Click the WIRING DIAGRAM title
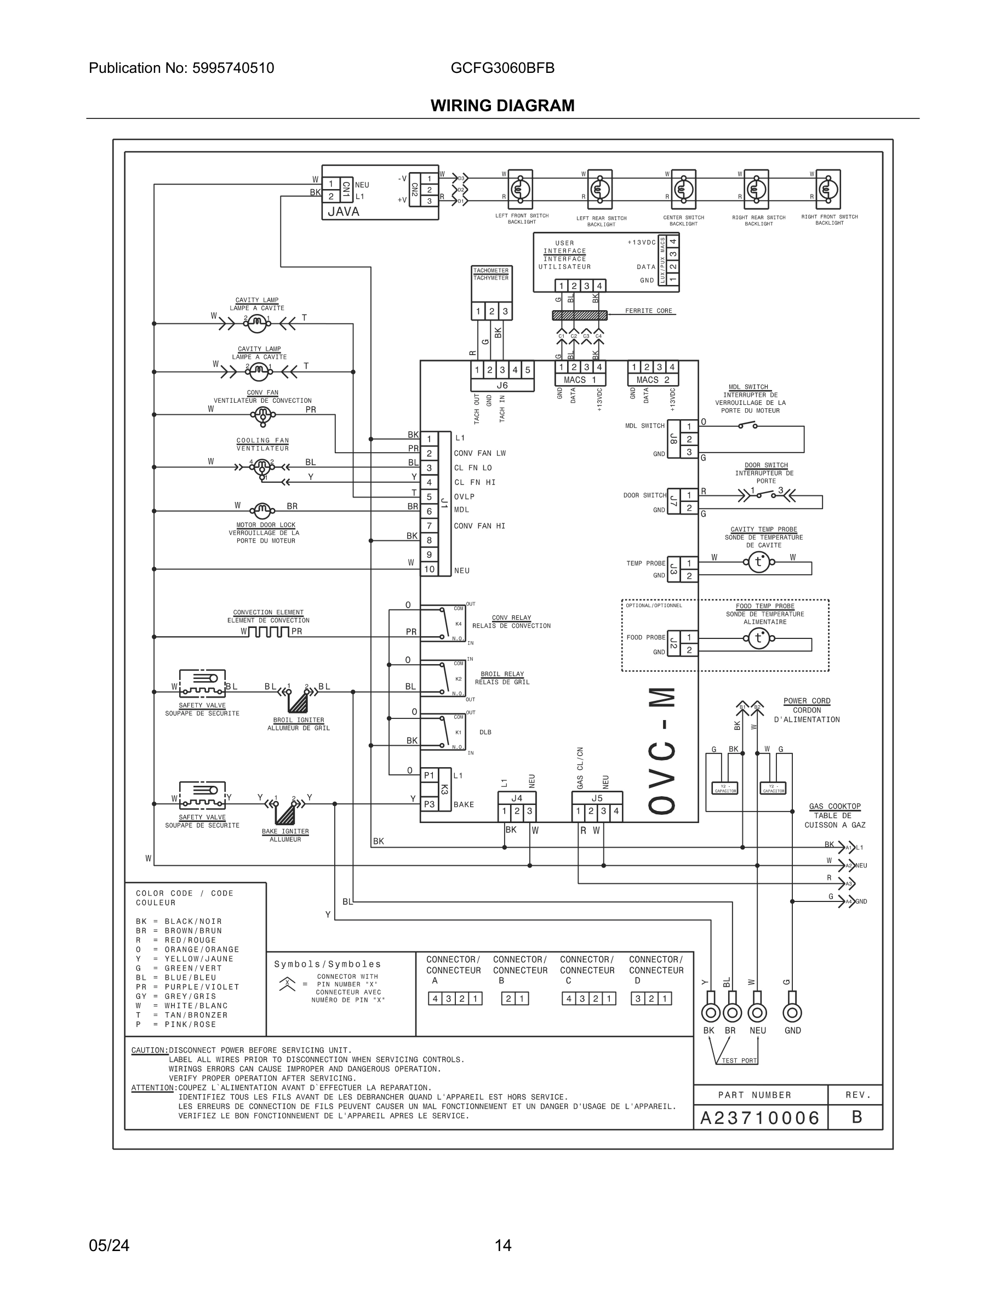click(502, 106)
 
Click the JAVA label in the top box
click(344, 211)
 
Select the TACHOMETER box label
click(490, 271)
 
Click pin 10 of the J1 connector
click(429, 569)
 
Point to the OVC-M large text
click(662, 751)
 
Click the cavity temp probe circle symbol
click(758, 562)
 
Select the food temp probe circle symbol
click(758, 638)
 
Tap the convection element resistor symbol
click(268, 631)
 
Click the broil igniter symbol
click(298, 701)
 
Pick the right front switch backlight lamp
click(827, 189)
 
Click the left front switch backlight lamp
click(519, 189)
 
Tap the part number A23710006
click(760, 1118)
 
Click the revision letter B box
click(856, 1117)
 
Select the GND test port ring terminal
click(792, 1012)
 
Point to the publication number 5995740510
click(233, 68)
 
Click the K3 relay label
click(444, 789)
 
